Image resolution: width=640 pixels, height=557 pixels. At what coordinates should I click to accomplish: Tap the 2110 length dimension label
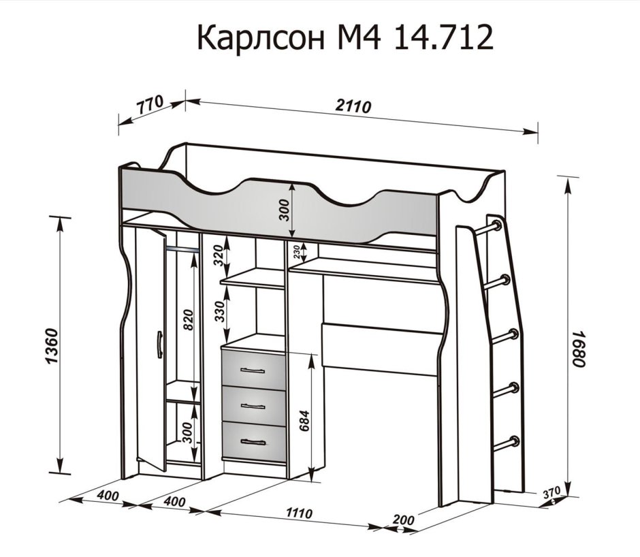[353, 106]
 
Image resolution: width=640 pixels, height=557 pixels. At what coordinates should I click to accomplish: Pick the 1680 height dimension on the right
[579, 349]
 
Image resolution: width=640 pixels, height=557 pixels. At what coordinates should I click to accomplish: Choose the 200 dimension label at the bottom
[404, 520]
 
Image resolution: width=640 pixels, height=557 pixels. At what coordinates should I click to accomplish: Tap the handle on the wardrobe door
[158, 344]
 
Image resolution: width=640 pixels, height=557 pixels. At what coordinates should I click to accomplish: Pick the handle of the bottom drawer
[253, 442]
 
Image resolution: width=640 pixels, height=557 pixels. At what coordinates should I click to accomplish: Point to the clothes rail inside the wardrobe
[182, 249]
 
